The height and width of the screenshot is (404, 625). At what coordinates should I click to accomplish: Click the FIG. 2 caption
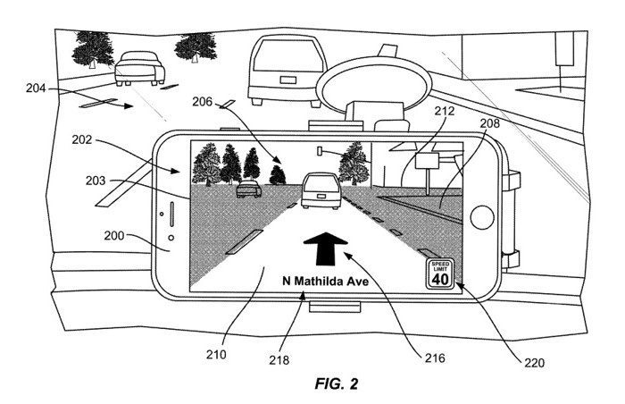(x=337, y=383)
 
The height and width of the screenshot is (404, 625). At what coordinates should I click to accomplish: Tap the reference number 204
(x=36, y=88)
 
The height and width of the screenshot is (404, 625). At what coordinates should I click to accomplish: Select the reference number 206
(x=203, y=102)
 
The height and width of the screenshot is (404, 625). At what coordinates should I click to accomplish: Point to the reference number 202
(x=82, y=139)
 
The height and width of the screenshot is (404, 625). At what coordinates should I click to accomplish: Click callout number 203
(x=96, y=181)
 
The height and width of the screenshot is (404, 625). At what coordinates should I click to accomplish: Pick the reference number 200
(x=114, y=236)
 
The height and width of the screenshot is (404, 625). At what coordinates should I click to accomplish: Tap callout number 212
(x=445, y=111)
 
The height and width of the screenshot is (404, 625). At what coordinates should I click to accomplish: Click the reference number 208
(x=489, y=123)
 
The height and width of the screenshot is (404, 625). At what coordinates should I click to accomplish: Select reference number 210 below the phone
(x=216, y=354)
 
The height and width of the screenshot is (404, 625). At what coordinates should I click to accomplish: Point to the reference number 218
(x=279, y=360)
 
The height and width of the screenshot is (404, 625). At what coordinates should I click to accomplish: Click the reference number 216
(x=435, y=358)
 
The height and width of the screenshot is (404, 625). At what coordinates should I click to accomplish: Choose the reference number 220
(x=534, y=363)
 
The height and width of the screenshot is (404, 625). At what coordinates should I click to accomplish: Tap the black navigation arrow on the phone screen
(x=326, y=249)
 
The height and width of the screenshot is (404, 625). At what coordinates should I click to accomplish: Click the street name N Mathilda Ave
(x=326, y=281)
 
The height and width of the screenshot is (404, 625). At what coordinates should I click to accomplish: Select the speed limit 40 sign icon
(x=440, y=274)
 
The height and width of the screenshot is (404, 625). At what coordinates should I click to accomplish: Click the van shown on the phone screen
(x=321, y=190)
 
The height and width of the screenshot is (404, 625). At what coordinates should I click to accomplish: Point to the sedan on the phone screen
(x=249, y=189)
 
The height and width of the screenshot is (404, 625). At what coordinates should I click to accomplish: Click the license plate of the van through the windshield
(x=287, y=80)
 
